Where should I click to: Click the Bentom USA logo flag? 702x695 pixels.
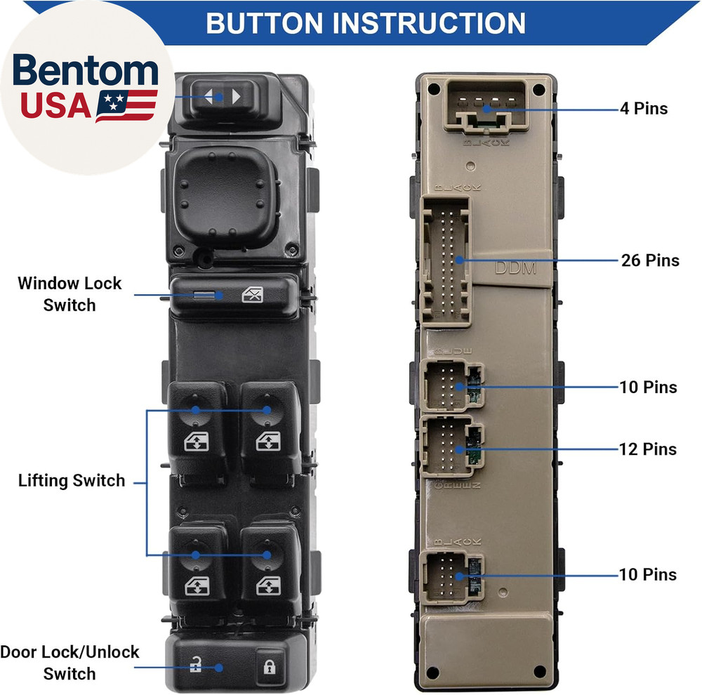[126, 105]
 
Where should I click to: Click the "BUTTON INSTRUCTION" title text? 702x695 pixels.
[365, 22]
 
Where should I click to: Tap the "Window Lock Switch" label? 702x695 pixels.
[69, 294]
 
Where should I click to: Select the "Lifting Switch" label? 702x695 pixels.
[72, 481]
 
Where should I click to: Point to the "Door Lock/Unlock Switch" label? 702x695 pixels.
[69, 663]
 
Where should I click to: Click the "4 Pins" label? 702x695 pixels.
[643, 109]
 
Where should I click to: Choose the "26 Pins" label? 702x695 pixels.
[650, 260]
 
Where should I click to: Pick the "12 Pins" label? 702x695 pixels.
[648, 449]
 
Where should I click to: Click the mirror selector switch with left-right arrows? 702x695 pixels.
[223, 95]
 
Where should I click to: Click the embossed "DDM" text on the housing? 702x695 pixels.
[516, 268]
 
